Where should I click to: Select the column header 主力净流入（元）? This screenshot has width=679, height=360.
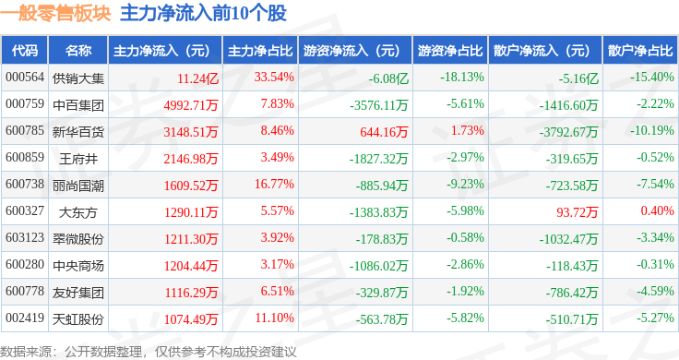(x=162, y=50)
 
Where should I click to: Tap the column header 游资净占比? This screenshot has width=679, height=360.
(x=449, y=50)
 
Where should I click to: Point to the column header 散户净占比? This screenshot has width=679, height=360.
(x=639, y=50)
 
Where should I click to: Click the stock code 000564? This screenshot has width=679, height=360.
(x=25, y=78)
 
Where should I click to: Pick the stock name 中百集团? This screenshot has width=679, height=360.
(x=78, y=104)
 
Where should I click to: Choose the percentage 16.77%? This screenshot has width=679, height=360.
(x=274, y=185)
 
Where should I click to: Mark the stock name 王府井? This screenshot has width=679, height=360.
(x=78, y=158)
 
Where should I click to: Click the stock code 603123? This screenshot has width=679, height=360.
(x=25, y=239)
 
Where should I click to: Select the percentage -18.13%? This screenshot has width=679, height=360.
(x=462, y=78)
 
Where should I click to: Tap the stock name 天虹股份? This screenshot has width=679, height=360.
(x=78, y=319)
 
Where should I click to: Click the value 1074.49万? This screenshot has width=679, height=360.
(x=190, y=319)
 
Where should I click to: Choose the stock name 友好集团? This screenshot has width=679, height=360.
(x=78, y=293)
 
